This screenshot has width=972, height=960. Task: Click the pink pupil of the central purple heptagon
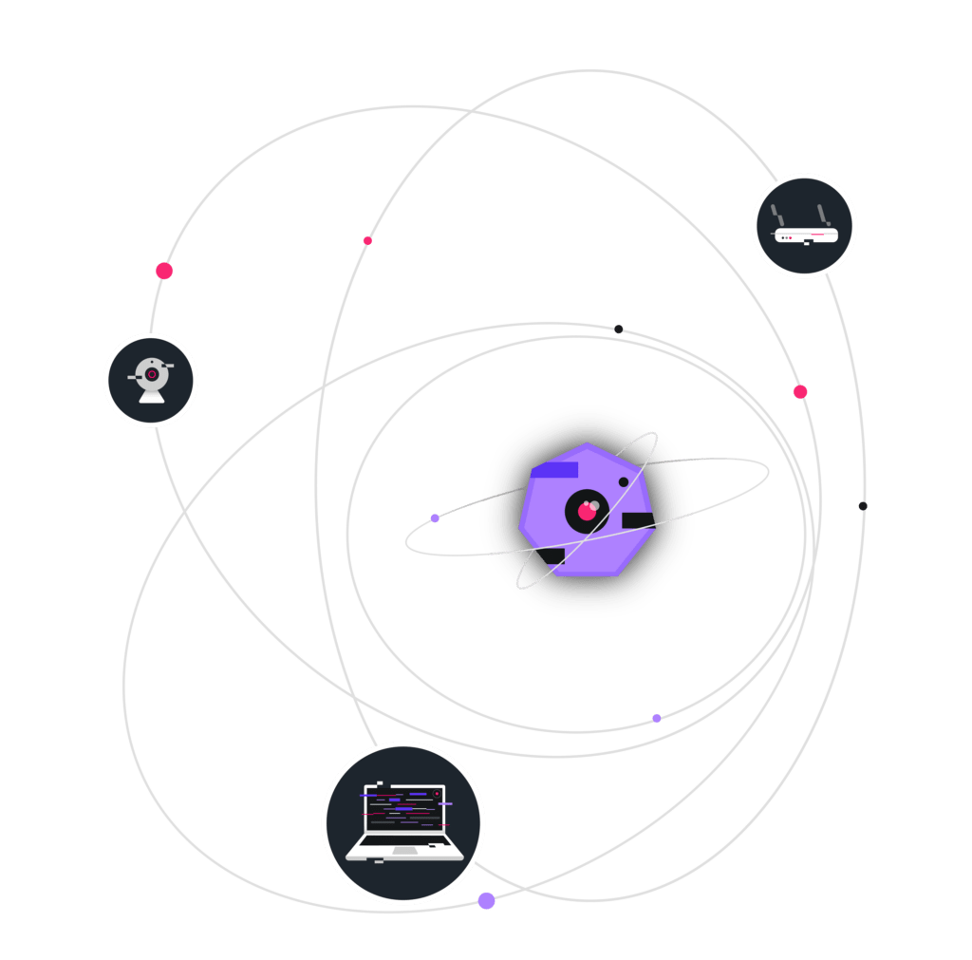[x=587, y=512]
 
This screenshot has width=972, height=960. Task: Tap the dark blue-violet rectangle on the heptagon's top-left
[x=555, y=470]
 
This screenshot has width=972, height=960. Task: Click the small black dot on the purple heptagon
[x=624, y=482]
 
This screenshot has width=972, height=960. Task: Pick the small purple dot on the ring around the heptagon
[x=435, y=518]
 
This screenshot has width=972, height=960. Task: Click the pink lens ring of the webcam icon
[x=152, y=374]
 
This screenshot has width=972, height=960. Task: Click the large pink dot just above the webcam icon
[x=164, y=271]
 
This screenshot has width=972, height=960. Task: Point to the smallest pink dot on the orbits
[x=367, y=240]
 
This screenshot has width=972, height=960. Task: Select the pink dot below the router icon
[x=800, y=391]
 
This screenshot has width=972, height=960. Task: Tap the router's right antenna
[x=822, y=215]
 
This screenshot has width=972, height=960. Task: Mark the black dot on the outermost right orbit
[x=863, y=505]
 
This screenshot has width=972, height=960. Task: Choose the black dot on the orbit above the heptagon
[x=619, y=329]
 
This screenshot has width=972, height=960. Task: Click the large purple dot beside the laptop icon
[x=487, y=900]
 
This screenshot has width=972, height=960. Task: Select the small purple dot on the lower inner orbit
[x=657, y=718]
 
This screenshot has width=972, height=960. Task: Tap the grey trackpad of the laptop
[x=405, y=851]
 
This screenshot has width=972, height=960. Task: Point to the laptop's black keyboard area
[x=402, y=840]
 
